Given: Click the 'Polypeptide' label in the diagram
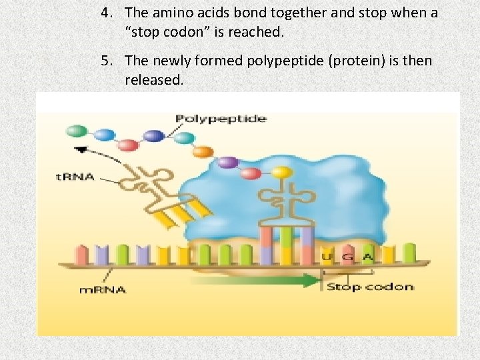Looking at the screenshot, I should pos(221,119).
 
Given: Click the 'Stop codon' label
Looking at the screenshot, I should pos(369,287).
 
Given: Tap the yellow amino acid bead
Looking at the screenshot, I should pos(283,173).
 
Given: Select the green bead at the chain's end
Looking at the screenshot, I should pos(77,130).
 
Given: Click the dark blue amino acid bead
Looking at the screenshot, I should pos(154,135).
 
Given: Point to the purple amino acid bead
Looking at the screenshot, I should pos(228,161).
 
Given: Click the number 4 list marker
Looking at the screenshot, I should pos(105,12).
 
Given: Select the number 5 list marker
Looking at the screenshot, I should pos(105,61).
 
